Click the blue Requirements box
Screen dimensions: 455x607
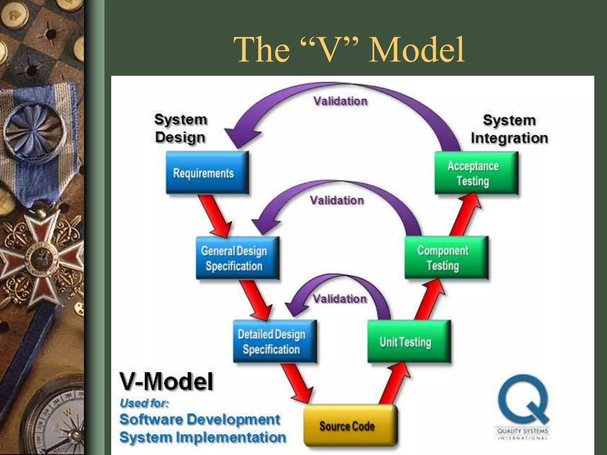coord(207,173)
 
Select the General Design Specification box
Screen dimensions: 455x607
coord(237,258)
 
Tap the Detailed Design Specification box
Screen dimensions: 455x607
coord(274,342)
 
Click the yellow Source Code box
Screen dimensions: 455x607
coord(350,426)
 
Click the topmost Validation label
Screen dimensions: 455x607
coord(340,101)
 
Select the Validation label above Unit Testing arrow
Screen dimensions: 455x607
coord(340,299)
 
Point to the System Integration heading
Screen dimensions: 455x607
coord(509,129)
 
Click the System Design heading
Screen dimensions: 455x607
coord(180,129)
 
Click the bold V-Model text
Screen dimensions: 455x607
coord(166,382)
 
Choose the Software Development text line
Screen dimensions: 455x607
coord(199,419)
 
